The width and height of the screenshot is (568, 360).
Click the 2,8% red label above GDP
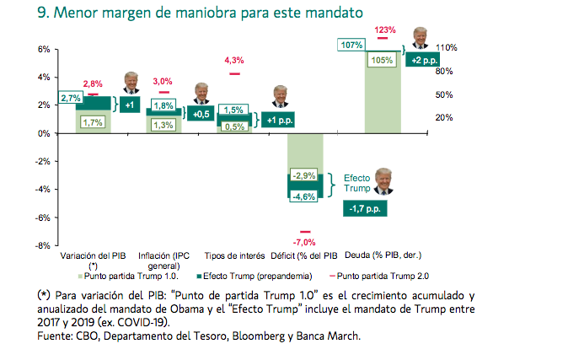click(93, 84)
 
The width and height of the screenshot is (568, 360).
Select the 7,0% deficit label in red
click(305, 242)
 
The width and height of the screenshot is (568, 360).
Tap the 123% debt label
click(385, 30)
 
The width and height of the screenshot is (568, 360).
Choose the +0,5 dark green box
click(201, 114)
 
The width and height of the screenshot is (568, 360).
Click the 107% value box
click(351, 45)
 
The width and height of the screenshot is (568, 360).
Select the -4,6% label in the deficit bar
click(304, 196)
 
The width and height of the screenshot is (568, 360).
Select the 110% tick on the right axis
click(447, 49)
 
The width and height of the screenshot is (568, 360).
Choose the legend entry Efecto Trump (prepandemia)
click(254, 275)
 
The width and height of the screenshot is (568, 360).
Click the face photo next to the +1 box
click(131, 83)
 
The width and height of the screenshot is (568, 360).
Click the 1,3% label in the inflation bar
click(164, 126)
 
